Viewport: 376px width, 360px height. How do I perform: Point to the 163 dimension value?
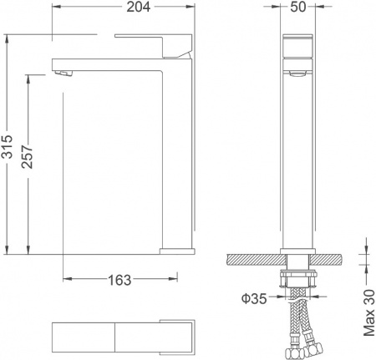[120, 280]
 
